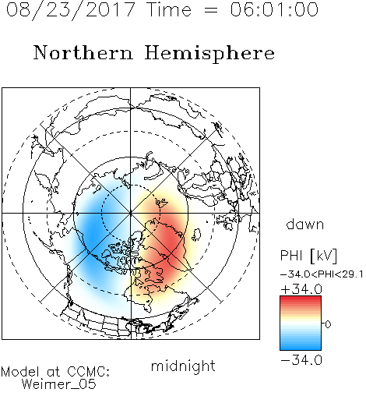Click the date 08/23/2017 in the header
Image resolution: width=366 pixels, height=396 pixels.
[71, 9]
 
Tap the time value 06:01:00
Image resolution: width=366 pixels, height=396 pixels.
[274, 9]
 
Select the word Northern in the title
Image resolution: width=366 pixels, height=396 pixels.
[83, 53]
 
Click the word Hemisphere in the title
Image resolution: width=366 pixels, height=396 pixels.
[209, 54]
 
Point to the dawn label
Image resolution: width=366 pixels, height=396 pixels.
[305, 224]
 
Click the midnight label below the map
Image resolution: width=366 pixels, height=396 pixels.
[183, 366]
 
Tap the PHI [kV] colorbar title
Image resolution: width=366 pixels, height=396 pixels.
[308, 256]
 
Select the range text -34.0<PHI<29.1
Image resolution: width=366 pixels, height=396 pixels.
[322, 274]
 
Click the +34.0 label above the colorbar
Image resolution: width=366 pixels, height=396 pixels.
[301, 289]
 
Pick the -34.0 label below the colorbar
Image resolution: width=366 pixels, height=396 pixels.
[301, 360]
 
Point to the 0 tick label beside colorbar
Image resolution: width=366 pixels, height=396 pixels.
[328, 324]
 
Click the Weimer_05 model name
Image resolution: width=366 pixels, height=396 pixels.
[59, 384]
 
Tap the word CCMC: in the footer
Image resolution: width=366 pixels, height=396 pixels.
[89, 372]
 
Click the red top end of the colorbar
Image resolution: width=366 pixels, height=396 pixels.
[301, 299]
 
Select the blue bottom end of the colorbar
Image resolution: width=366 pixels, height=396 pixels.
[301, 347]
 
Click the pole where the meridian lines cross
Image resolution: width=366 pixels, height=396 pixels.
[131, 214]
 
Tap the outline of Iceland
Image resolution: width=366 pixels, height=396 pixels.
[196, 235]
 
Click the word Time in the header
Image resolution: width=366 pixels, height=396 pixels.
[169, 9]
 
